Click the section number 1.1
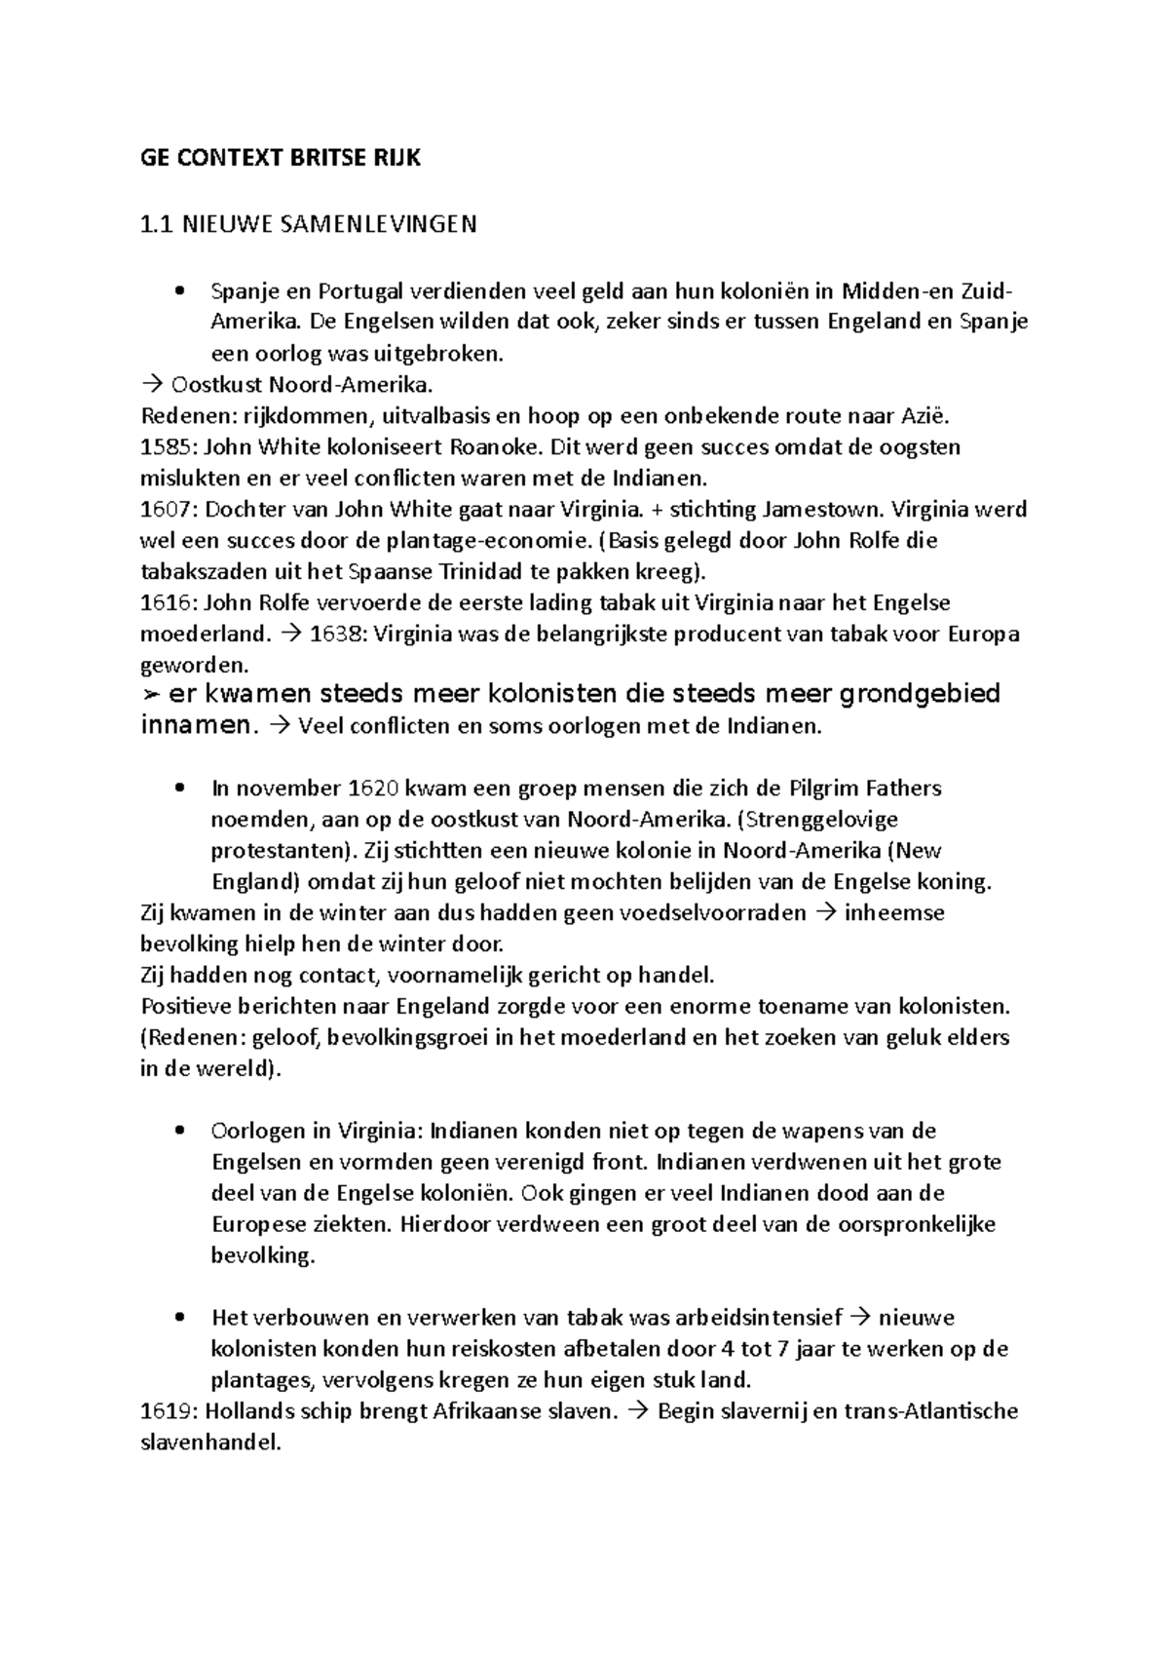pos(156,226)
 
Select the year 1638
pos(335,635)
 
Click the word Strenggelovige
pos(823,820)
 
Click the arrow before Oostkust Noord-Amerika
pos(150,386)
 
